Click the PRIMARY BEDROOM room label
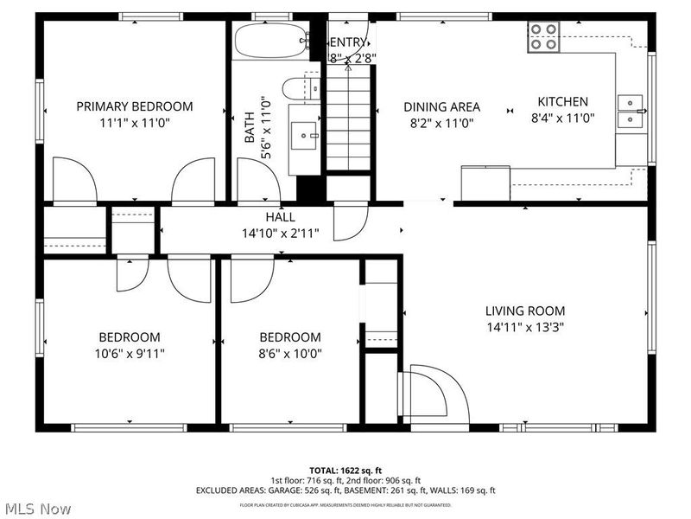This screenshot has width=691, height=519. [134, 106]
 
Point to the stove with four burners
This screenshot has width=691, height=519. [544, 36]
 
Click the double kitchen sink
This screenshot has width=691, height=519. [631, 111]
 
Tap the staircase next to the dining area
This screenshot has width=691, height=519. [349, 121]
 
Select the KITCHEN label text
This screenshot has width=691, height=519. [562, 101]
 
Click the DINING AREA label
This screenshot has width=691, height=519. [441, 107]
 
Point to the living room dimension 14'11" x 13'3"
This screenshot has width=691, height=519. [524, 327]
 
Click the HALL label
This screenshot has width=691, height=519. [280, 217]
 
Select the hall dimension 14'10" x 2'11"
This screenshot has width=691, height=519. [280, 233]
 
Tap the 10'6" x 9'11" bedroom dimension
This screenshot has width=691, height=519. [129, 353]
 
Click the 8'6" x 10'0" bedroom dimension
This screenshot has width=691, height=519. [290, 353]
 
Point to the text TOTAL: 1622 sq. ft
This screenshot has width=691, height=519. [345, 470]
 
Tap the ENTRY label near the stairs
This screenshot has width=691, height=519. [349, 42]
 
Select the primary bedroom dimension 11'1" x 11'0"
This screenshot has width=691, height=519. [134, 123]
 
